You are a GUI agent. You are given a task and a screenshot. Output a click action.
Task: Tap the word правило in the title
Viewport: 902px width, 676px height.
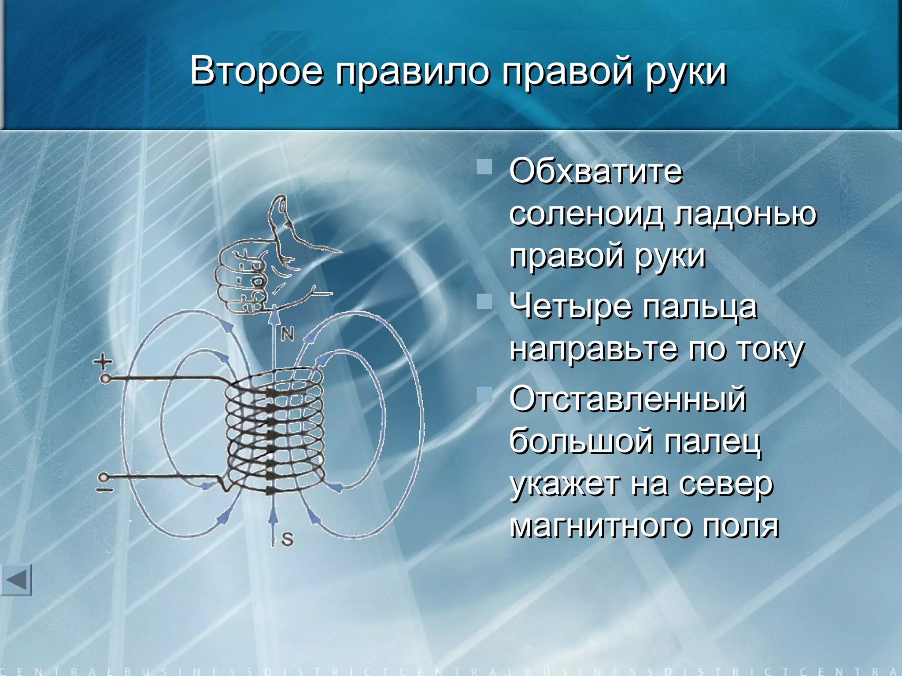click(x=412, y=71)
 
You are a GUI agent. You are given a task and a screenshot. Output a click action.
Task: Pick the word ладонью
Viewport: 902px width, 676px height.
click(x=747, y=215)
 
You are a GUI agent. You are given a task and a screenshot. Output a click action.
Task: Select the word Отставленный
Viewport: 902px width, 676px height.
click(x=628, y=399)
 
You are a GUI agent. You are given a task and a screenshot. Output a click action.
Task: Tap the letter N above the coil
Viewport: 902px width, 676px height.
click(x=287, y=335)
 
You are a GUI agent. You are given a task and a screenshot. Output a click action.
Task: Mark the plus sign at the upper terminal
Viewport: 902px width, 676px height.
click(x=103, y=362)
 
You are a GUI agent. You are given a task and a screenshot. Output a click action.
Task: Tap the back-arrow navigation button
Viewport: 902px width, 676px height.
click(x=16, y=580)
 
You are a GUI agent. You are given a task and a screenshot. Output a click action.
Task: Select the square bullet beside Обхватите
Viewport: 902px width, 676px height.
click(x=484, y=167)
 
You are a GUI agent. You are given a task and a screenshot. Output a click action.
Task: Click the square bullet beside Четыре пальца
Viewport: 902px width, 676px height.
click(x=484, y=302)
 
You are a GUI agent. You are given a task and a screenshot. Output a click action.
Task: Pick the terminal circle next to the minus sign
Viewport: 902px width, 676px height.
click(x=104, y=477)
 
